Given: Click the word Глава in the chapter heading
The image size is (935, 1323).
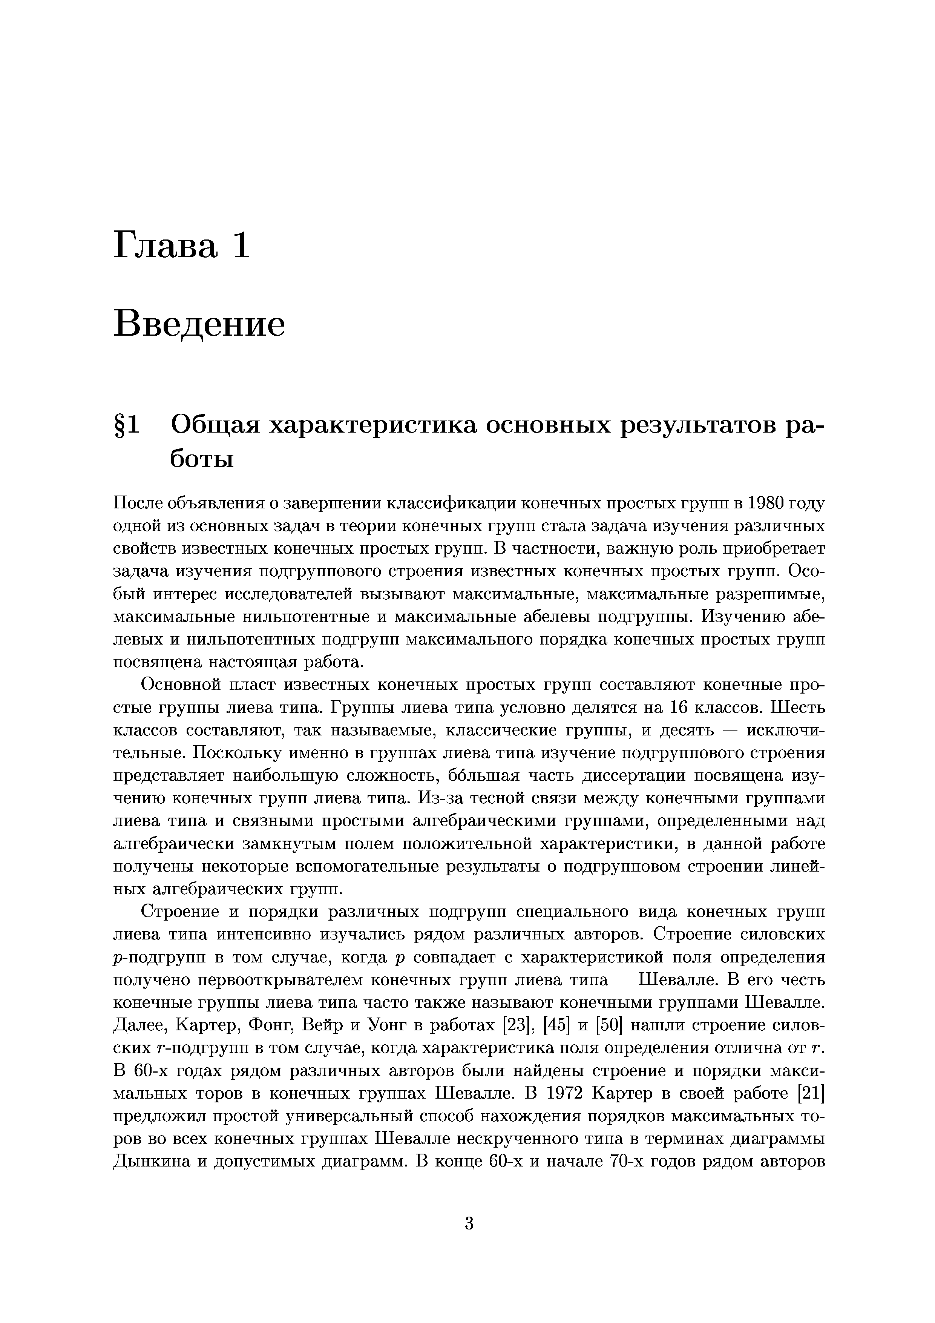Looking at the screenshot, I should click(x=166, y=245).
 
